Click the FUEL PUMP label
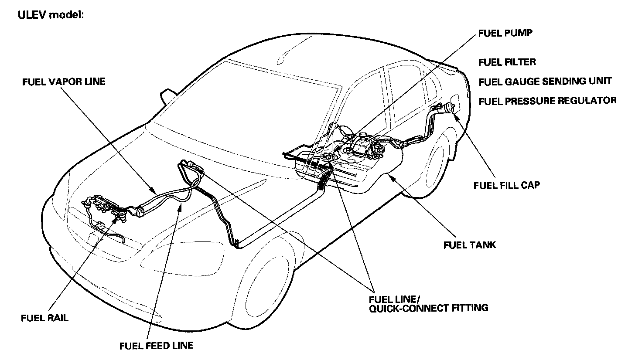[x=506, y=33]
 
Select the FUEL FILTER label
[x=507, y=62]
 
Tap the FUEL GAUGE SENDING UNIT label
[x=545, y=82]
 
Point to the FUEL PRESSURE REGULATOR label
[x=547, y=101]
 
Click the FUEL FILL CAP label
[x=506, y=185]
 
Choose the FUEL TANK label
[x=469, y=245]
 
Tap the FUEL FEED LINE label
[x=156, y=346]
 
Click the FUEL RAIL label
[x=44, y=318]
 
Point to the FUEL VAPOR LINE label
[x=64, y=82]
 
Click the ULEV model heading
[x=50, y=14]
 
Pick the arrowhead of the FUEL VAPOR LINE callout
[x=155, y=192]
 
